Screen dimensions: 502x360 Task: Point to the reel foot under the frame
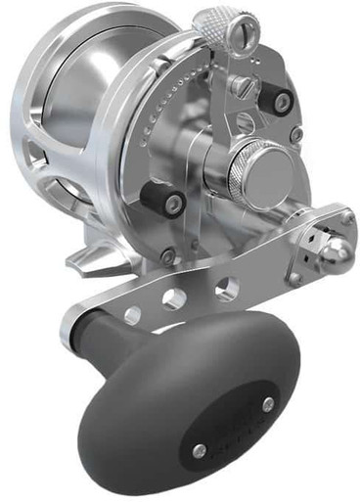tap(93, 259)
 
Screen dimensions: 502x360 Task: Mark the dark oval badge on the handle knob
tap(234, 426)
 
